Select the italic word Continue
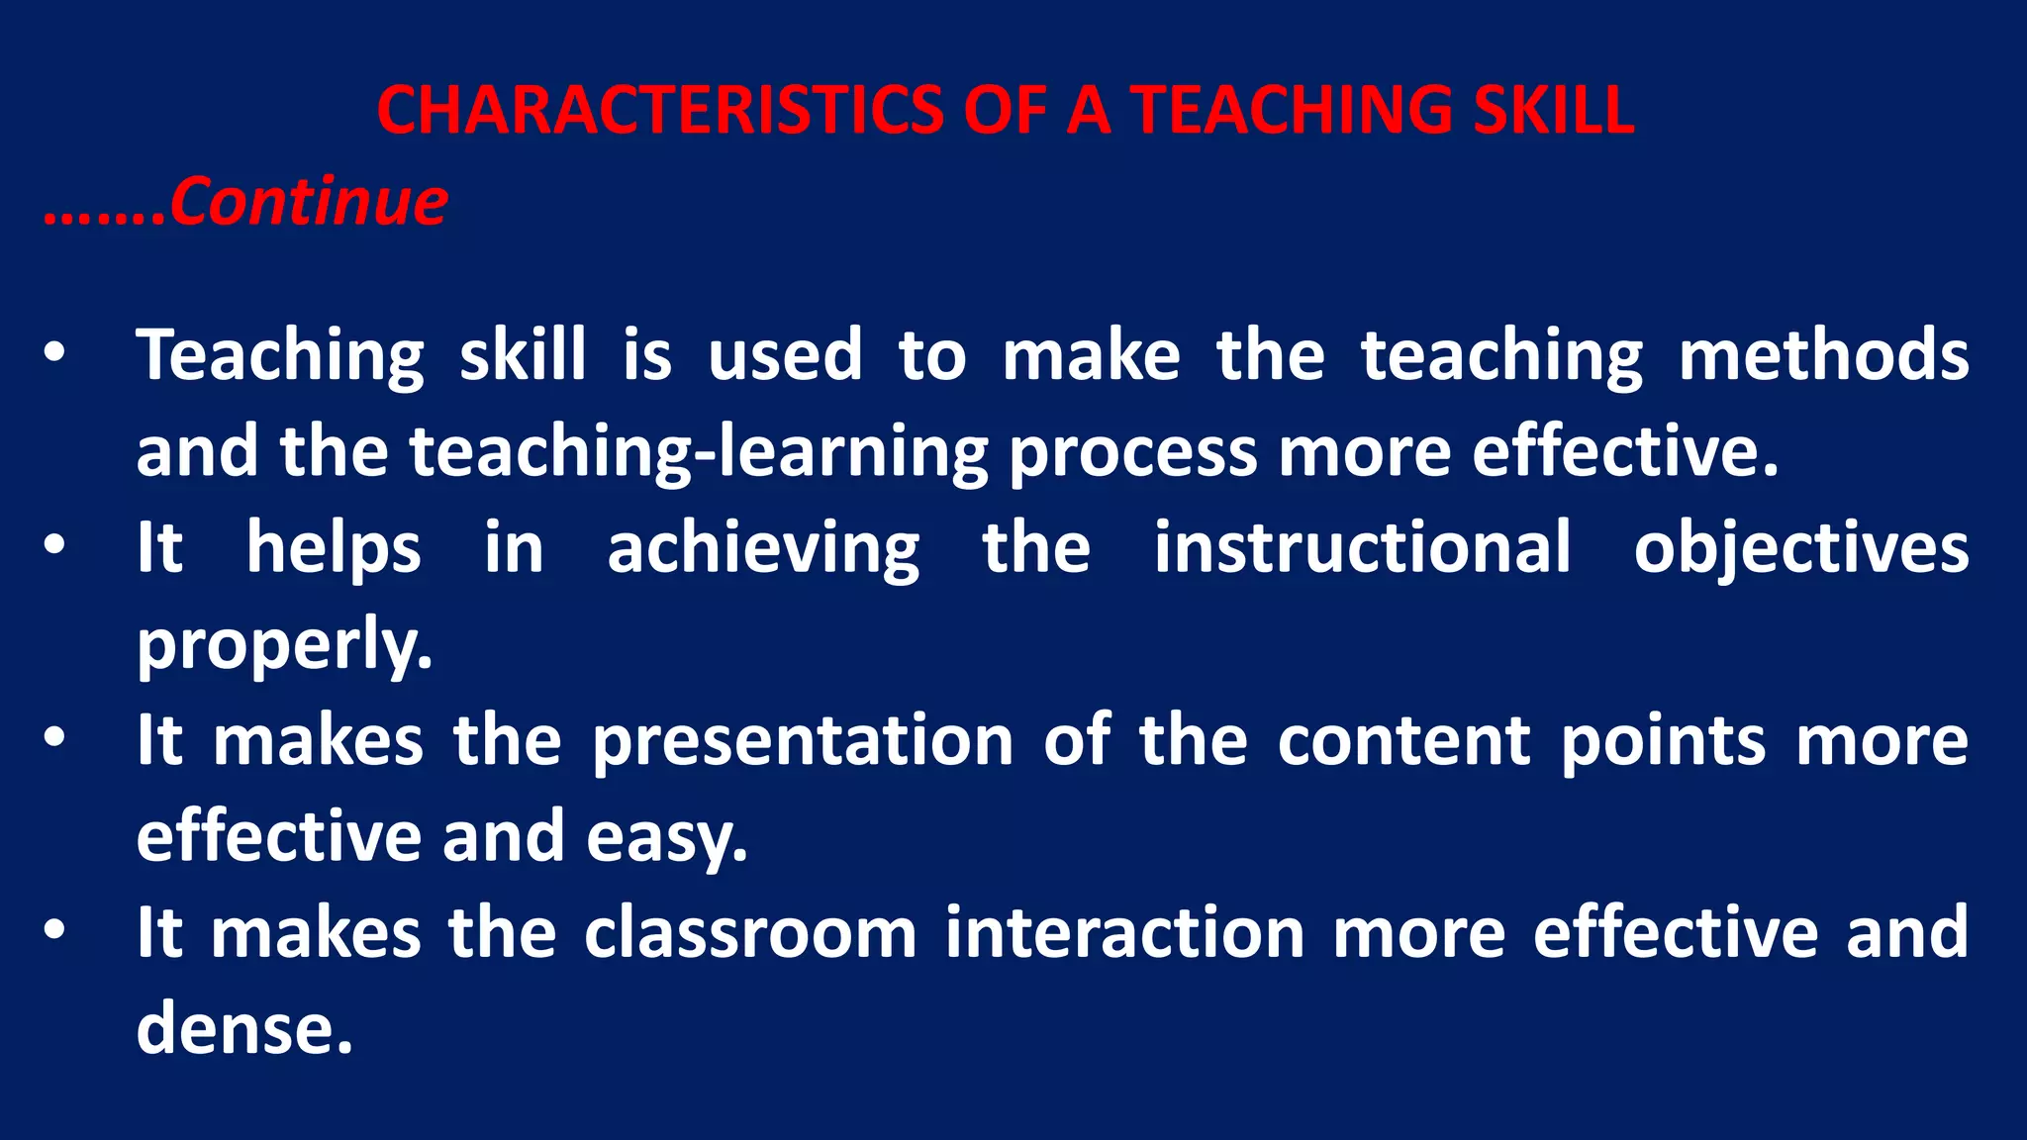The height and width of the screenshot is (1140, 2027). coord(309,202)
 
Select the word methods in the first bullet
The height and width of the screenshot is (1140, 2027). coord(1823,355)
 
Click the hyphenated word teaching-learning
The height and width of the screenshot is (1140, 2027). coord(699,452)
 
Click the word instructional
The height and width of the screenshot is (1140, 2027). coord(1363,547)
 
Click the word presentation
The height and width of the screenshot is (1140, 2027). coord(803,741)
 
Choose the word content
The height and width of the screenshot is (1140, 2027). coord(1403,741)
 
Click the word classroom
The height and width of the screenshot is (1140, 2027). coord(750,933)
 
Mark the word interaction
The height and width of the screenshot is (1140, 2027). coord(1125,933)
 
